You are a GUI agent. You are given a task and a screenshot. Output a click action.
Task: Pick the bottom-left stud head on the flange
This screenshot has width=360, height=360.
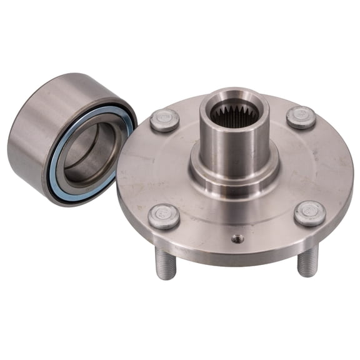coord(164,216)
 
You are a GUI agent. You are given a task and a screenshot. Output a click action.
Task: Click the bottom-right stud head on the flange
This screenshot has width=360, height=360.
coord(310,212)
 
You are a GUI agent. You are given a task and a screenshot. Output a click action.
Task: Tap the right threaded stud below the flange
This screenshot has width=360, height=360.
coord(307,259)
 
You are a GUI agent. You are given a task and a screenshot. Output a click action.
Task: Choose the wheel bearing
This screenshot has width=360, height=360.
coord(69,137)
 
